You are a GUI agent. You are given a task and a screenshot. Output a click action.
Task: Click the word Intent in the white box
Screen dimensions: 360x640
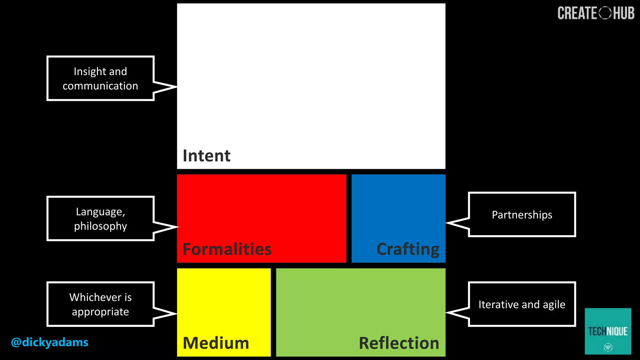tap(207, 156)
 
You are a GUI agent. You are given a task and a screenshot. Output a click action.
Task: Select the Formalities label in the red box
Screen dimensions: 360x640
tap(227, 249)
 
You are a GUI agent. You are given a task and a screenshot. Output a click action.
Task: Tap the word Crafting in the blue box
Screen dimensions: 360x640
tap(408, 249)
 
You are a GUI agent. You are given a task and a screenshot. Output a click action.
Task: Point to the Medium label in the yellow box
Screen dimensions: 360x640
tap(216, 343)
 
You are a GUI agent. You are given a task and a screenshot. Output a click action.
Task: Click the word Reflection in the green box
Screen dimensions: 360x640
tap(399, 343)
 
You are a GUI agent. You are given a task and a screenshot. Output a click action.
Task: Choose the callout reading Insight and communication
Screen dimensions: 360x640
tap(100, 78)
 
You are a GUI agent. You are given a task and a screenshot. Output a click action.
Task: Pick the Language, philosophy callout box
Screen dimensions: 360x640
tap(100, 219)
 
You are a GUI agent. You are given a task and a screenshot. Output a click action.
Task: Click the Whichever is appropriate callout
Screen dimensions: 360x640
tap(100, 304)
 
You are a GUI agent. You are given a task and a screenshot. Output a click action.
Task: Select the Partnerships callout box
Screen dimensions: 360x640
tap(522, 215)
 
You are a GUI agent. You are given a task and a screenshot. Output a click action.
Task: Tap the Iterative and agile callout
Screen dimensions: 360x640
tap(522, 304)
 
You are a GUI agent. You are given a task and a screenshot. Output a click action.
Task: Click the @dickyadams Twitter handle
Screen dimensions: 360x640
tap(50, 342)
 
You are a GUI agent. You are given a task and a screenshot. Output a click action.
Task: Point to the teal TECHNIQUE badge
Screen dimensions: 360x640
tap(608, 331)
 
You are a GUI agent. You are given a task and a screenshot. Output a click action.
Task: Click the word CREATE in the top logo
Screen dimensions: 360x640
tap(577, 13)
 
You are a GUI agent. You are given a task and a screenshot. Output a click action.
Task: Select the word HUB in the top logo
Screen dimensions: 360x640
tap(624, 13)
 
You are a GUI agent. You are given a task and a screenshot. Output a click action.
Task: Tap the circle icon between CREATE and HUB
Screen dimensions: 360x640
tap(605, 13)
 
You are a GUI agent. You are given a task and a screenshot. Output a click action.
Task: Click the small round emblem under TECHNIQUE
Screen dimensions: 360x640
tap(608, 347)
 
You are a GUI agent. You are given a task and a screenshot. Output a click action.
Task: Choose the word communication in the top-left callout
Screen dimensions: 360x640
tap(100, 86)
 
